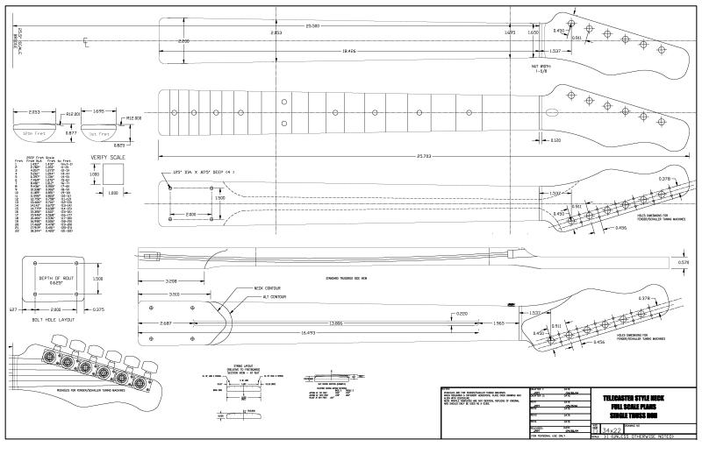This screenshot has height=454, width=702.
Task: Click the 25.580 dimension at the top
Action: [312, 26]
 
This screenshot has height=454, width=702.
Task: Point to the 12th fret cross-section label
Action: [34, 132]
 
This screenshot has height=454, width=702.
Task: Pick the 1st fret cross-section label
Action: [97, 132]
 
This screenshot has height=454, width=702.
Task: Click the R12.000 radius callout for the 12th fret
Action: [74, 115]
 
